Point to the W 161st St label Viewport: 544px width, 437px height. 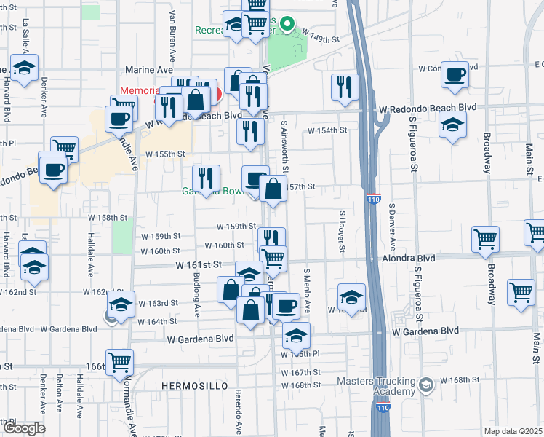pyautogui.click(x=198, y=267)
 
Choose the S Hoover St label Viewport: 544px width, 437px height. pyautogui.click(x=341, y=232)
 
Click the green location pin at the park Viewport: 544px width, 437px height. pyautogui.click(x=287, y=25)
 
